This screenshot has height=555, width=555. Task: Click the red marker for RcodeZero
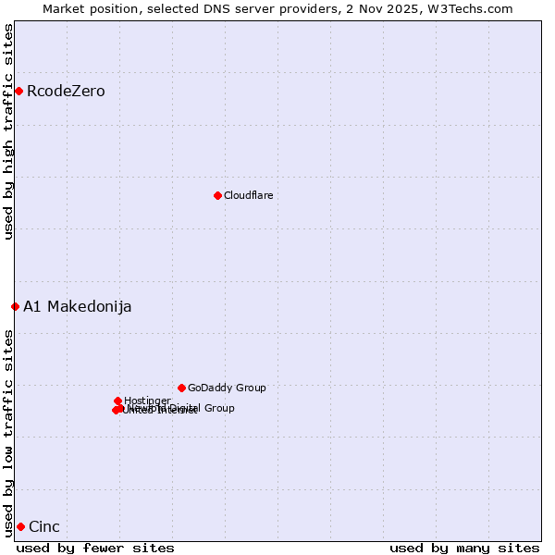tap(18, 91)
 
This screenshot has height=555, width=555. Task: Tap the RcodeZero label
tap(66, 92)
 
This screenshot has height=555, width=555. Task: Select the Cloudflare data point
tap(217, 195)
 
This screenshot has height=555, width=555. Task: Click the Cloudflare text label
tap(248, 196)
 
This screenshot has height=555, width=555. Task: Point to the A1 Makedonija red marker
tap(15, 306)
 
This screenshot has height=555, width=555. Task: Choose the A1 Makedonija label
tap(78, 307)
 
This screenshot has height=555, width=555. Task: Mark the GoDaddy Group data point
tap(181, 388)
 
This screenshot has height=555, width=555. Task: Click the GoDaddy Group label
tap(227, 388)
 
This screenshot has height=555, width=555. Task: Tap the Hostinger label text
tap(147, 401)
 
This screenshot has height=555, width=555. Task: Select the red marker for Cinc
tap(20, 526)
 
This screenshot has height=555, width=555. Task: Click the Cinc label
tap(44, 527)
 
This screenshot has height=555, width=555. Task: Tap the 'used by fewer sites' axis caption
tap(95, 548)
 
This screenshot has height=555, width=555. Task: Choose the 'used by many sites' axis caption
tap(464, 548)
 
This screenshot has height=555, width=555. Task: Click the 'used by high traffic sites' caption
tap(9, 131)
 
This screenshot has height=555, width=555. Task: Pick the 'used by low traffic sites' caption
tap(9, 432)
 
